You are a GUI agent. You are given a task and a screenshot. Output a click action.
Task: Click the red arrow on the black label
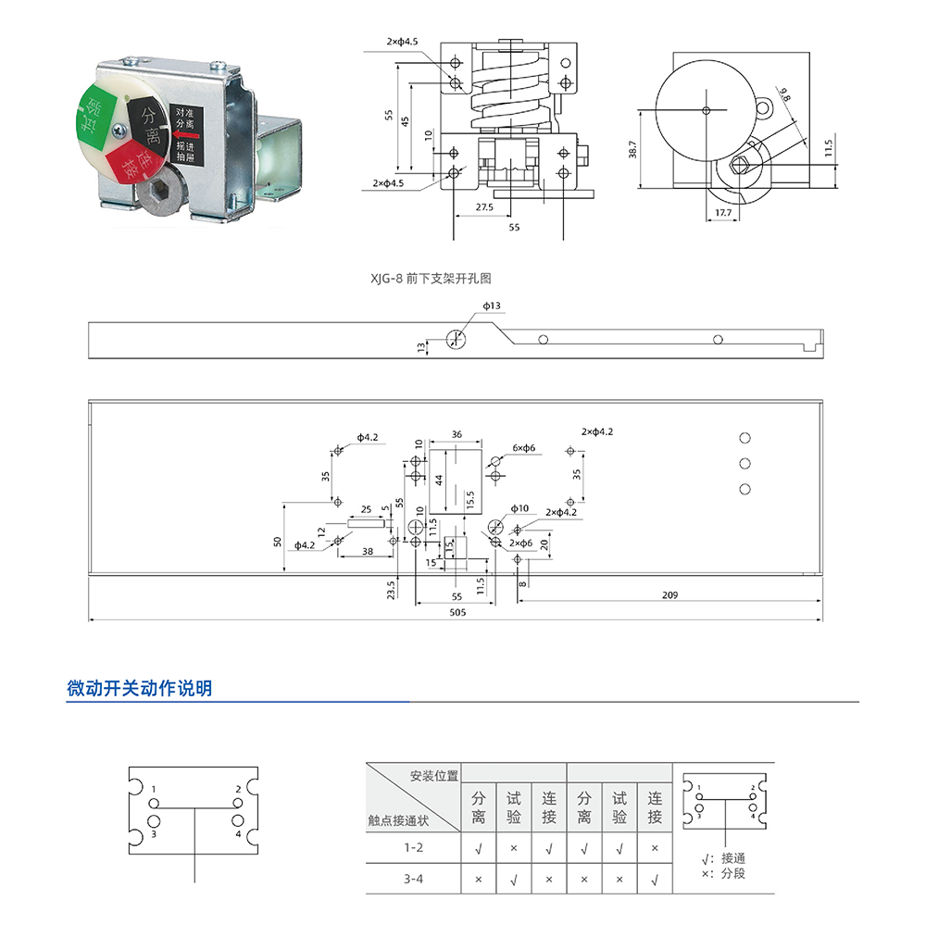[185, 135]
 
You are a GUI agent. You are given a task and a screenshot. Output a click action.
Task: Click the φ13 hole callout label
[492, 306]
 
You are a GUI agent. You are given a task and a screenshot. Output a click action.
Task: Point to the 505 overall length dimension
[457, 613]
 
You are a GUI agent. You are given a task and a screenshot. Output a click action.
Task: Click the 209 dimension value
[669, 595]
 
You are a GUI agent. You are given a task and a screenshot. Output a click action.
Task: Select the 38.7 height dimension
[632, 149]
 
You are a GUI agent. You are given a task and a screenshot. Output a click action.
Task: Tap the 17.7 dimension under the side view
[723, 213]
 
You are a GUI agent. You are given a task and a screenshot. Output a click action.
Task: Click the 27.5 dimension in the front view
[484, 207]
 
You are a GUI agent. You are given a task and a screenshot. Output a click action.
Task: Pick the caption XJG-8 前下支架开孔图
[431, 279]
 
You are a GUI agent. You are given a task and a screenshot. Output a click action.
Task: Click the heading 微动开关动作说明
[139, 689]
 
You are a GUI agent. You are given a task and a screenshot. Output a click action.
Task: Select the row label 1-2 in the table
[413, 847]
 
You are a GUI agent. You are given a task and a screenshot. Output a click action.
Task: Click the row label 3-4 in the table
[413, 879]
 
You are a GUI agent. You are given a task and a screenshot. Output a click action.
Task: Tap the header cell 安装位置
[434, 776]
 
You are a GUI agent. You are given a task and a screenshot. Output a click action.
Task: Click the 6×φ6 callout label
[524, 448]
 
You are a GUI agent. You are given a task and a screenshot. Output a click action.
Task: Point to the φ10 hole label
[519, 508]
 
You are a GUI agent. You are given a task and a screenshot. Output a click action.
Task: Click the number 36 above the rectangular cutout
[457, 434]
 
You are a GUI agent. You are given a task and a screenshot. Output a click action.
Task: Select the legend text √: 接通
[723, 858]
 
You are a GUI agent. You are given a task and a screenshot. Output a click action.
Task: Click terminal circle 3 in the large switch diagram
[154, 821]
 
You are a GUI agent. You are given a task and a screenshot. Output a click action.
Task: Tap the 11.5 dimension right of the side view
[828, 148]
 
